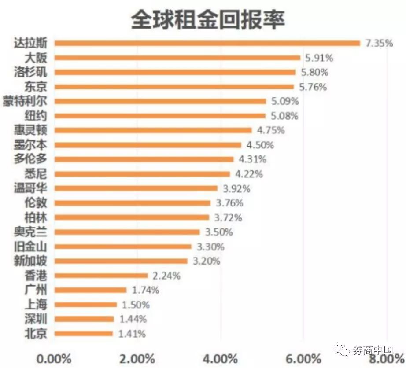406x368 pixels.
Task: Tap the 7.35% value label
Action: (x=379, y=43)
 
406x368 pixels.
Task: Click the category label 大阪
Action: (x=39, y=58)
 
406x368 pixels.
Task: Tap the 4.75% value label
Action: (x=271, y=130)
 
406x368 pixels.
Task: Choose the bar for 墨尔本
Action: (x=148, y=145)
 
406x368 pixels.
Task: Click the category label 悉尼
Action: (x=39, y=174)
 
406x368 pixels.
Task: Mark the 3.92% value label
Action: (x=236, y=188)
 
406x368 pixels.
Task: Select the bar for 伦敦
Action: (x=132, y=203)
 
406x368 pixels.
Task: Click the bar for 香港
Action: (x=101, y=276)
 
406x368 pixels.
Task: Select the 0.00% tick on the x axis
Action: (x=54, y=358)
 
